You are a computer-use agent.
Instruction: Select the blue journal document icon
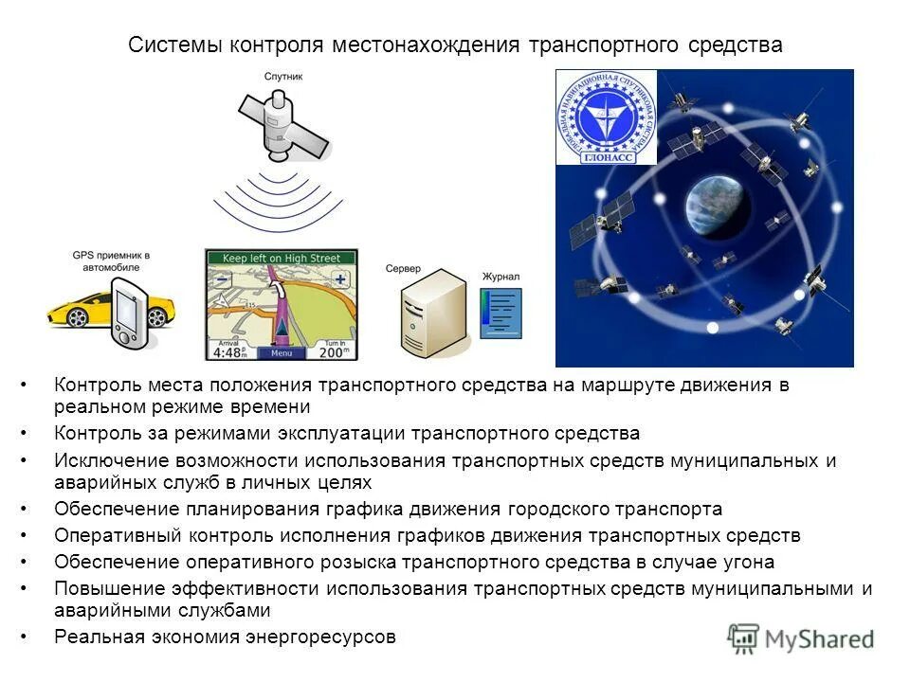pyautogui.click(x=500, y=312)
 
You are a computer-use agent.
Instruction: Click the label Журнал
pyautogui.click(x=500, y=277)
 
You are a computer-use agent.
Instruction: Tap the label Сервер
pyautogui.click(x=403, y=269)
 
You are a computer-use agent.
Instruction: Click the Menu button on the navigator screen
pyautogui.click(x=281, y=352)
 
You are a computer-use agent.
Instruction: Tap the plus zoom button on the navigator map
pyautogui.click(x=339, y=279)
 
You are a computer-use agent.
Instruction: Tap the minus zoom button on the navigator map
pyautogui.click(x=222, y=279)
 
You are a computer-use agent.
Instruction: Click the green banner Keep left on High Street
pyautogui.click(x=282, y=257)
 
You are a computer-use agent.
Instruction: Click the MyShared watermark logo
pyautogui.click(x=801, y=638)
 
